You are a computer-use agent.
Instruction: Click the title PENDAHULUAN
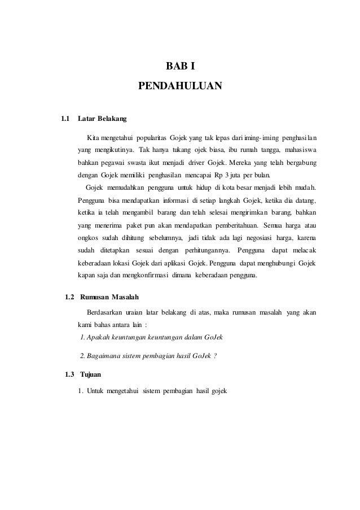point(180,87)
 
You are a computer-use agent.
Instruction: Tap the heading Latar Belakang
point(102,119)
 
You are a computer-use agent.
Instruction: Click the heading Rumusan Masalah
point(111,297)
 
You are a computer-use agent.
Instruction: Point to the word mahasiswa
point(298,151)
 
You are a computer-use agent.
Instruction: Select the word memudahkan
point(121,188)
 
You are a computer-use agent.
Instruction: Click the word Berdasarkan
point(109,312)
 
